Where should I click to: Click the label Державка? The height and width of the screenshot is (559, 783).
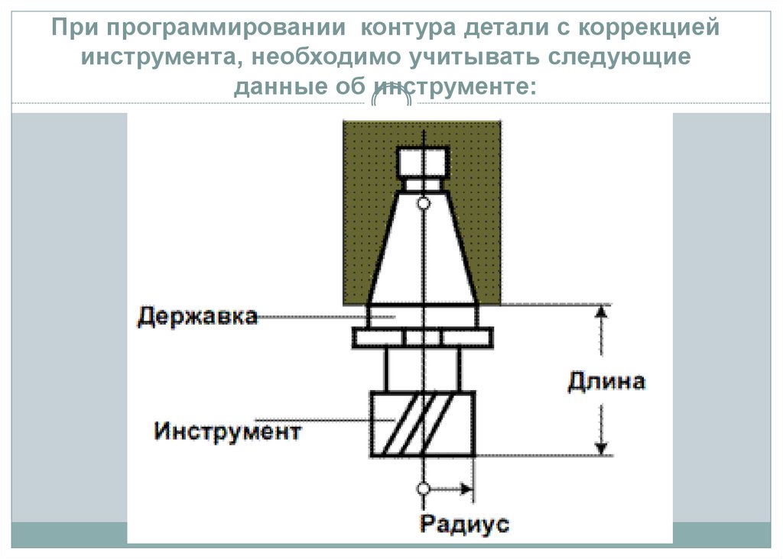(197, 315)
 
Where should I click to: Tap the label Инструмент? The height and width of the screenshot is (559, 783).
(227, 431)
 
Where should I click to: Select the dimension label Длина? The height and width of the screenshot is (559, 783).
(606, 381)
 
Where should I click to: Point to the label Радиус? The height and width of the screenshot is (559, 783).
(464, 524)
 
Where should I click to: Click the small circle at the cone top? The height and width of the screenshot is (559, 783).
(423, 204)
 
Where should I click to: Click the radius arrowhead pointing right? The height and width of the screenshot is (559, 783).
(464, 487)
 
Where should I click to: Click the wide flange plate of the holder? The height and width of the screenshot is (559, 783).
(422, 337)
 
